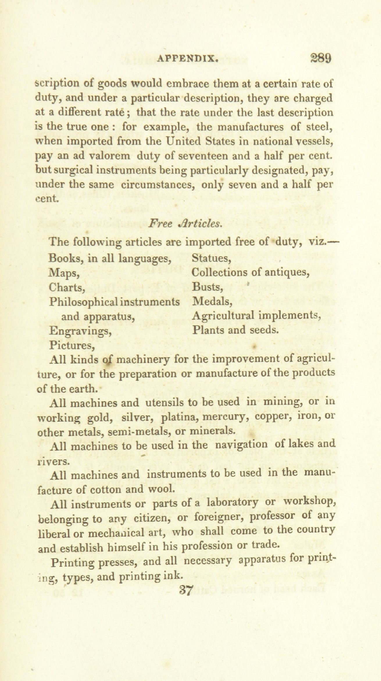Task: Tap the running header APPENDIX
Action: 188,59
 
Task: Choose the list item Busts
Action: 208,287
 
